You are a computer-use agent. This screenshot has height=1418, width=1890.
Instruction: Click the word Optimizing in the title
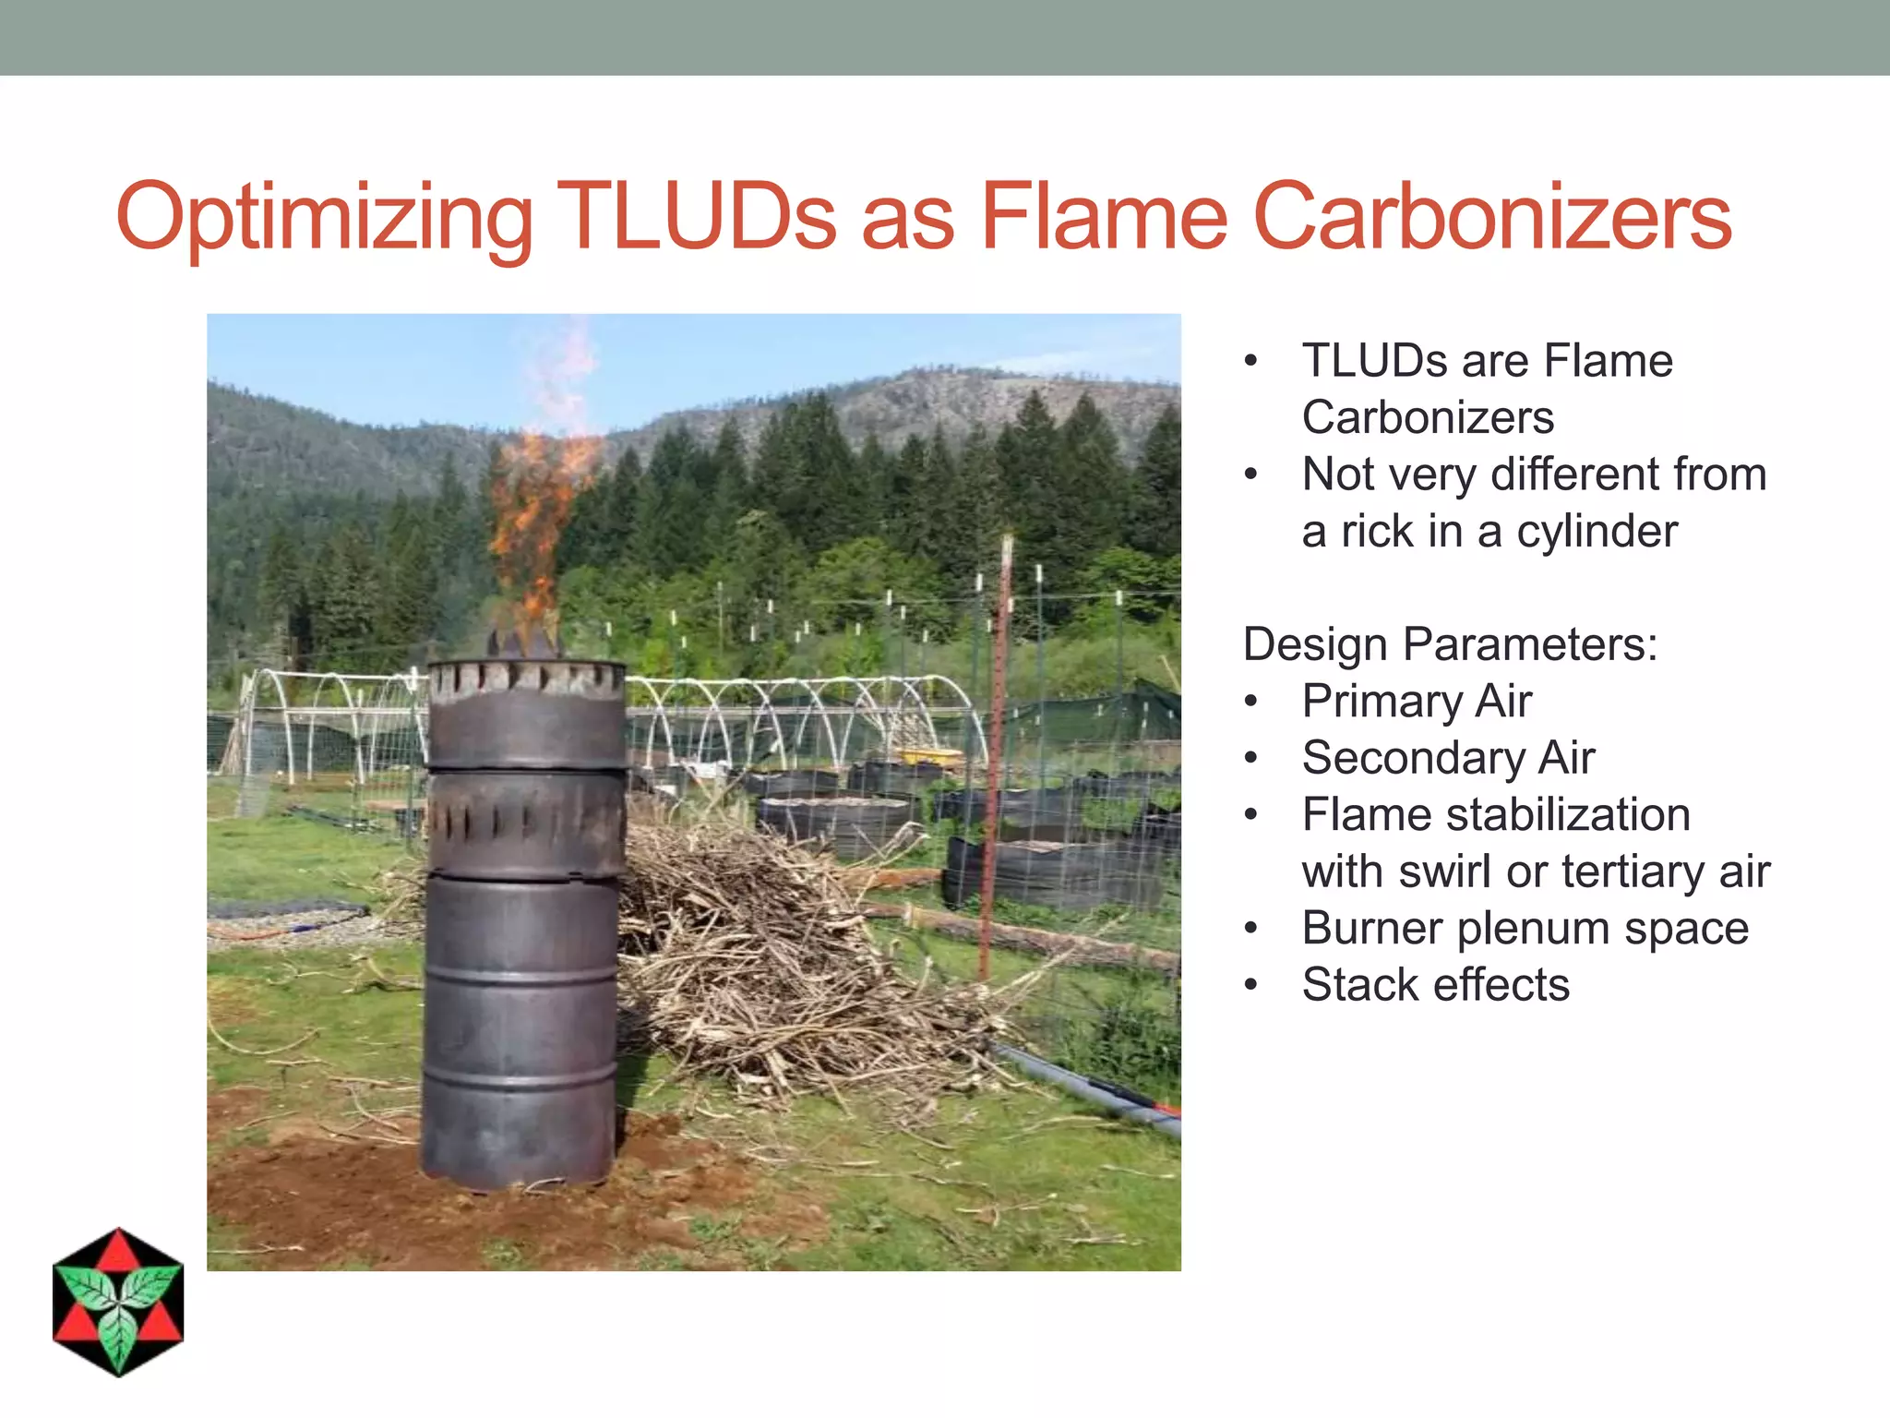[324, 218]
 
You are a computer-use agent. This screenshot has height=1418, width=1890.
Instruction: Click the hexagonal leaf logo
[118, 1303]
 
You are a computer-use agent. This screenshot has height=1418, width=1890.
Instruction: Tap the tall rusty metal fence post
[997, 757]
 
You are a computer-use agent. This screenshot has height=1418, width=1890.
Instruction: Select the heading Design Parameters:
[1450, 644]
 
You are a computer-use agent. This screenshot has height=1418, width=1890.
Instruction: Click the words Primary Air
[1417, 702]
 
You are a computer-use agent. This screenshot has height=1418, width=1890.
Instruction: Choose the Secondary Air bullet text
[1448, 758]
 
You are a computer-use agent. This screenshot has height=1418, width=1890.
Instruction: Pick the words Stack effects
[1435, 985]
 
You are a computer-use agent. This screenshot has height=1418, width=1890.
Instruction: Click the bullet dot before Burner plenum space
[1250, 928]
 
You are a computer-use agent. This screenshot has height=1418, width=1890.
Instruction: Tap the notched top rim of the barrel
[526, 679]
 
